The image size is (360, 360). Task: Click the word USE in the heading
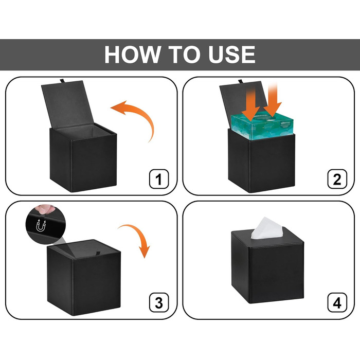point(231,55)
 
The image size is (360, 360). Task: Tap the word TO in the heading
point(184,55)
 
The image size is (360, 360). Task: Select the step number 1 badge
point(159,179)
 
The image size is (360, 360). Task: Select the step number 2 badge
point(337,179)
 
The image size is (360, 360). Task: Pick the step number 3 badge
point(159,302)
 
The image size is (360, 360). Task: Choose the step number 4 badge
point(337,302)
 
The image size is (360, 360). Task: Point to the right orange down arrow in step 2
point(273,101)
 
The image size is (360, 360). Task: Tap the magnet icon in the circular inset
point(41,225)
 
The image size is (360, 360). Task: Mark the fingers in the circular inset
point(45,209)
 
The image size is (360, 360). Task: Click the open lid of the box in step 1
point(67,104)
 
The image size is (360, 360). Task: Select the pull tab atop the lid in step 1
point(62,81)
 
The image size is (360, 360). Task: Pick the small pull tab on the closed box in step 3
point(98,253)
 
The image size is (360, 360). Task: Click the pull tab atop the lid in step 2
point(240,81)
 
